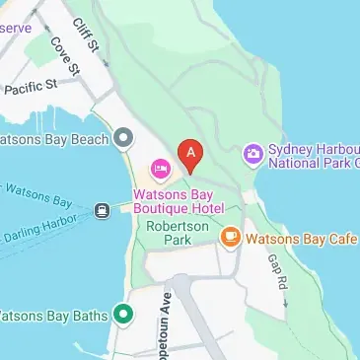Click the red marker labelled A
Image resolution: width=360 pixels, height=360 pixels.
coord(189,153)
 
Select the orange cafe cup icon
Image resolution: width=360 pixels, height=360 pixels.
coord(230,237)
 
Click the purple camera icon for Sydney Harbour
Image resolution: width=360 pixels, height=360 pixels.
coord(253,153)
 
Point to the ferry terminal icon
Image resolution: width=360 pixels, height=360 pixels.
coord(102,210)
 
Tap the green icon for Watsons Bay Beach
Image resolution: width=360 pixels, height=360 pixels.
coord(123,137)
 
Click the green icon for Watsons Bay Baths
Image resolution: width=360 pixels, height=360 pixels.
coord(123,316)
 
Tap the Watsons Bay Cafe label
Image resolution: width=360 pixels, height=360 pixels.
coord(301,238)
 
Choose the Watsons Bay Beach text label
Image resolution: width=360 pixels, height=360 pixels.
coord(53,138)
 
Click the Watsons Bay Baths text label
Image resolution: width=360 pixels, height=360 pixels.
coord(53,317)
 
